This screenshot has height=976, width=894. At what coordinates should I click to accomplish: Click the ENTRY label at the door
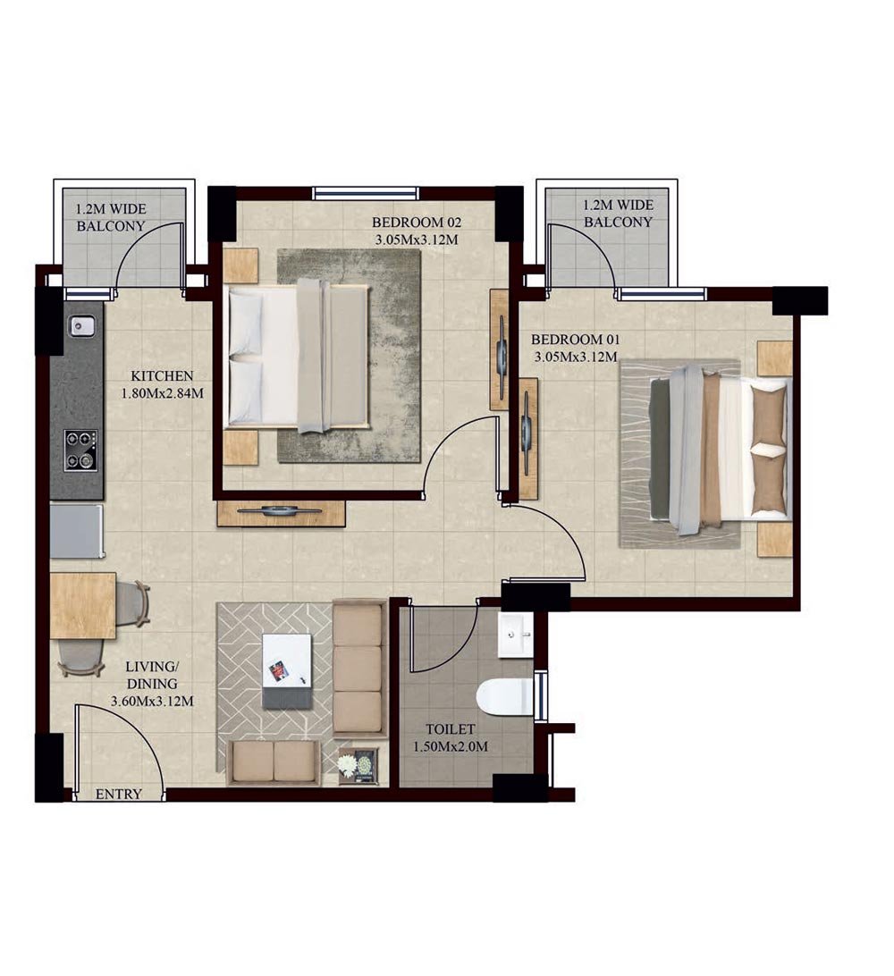pyautogui.click(x=118, y=794)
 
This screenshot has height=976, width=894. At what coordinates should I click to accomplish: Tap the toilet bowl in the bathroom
pyautogui.click(x=504, y=697)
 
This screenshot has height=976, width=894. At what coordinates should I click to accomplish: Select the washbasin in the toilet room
pyautogui.click(x=516, y=635)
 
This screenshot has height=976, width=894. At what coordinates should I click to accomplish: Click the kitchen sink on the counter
pyautogui.click(x=81, y=327)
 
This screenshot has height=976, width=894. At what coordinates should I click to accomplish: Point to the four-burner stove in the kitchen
pyautogui.click(x=80, y=450)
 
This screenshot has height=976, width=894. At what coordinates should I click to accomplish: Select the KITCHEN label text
pyautogui.click(x=162, y=376)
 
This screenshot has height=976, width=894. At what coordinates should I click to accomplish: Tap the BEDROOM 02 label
pyautogui.click(x=415, y=223)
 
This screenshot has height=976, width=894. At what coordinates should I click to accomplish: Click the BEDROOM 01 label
pyautogui.click(x=575, y=340)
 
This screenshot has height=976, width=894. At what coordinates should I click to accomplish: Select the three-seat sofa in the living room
pyautogui.click(x=358, y=667)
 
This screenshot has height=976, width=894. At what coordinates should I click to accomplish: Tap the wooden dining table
pyautogui.click(x=82, y=605)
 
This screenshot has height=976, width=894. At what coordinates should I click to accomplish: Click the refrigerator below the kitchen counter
pyautogui.click(x=77, y=531)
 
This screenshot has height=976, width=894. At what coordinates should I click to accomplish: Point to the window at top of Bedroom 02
pyautogui.click(x=365, y=192)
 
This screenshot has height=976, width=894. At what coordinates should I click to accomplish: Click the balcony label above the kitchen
pyautogui.click(x=111, y=217)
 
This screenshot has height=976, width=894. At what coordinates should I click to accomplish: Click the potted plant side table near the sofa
pyautogui.click(x=358, y=766)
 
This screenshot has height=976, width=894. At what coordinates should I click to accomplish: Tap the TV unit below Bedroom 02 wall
pyautogui.click(x=281, y=513)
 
